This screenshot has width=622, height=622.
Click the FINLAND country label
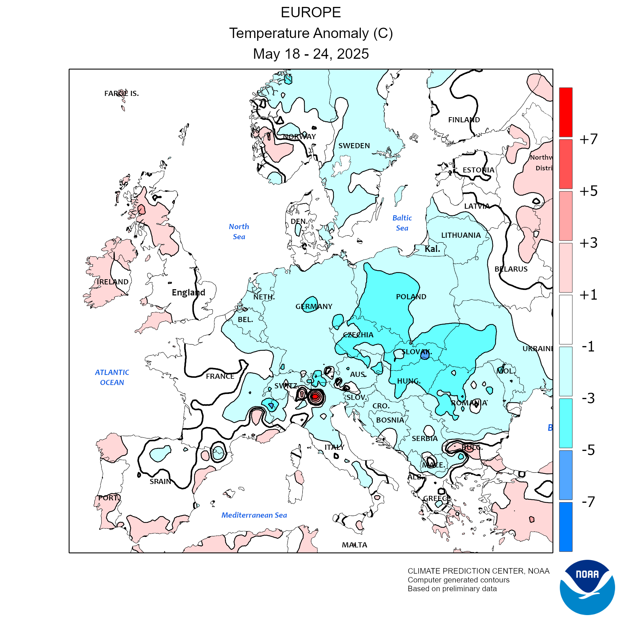click(x=464, y=120)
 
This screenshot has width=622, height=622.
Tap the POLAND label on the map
click(x=411, y=296)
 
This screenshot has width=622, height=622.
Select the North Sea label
click(x=239, y=232)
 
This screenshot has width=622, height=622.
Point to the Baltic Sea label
click(x=402, y=223)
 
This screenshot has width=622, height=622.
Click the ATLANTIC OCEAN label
click(x=112, y=377)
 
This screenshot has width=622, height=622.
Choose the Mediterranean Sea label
click(x=254, y=515)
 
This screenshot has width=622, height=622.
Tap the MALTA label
click(x=355, y=545)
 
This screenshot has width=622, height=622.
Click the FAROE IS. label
click(x=121, y=93)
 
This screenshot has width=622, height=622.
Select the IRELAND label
click(x=112, y=282)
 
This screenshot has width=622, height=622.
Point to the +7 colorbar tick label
click(x=588, y=139)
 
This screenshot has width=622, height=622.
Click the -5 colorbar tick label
click(x=588, y=450)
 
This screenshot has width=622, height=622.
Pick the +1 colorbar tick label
click(x=588, y=295)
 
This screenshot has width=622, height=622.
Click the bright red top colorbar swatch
click(x=566, y=112)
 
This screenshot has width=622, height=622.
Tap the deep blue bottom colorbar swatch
click(x=566, y=527)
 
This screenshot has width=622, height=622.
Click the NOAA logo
click(x=587, y=587)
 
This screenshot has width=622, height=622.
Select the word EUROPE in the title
click(x=311, y=12)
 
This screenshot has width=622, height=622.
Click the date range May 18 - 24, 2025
click(x=311, y=54)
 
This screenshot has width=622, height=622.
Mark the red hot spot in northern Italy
click(x=315, y=396)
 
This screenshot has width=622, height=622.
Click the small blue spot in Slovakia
click(x=425, y=354)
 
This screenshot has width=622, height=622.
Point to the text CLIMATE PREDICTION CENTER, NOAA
click(x=478, y=571)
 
